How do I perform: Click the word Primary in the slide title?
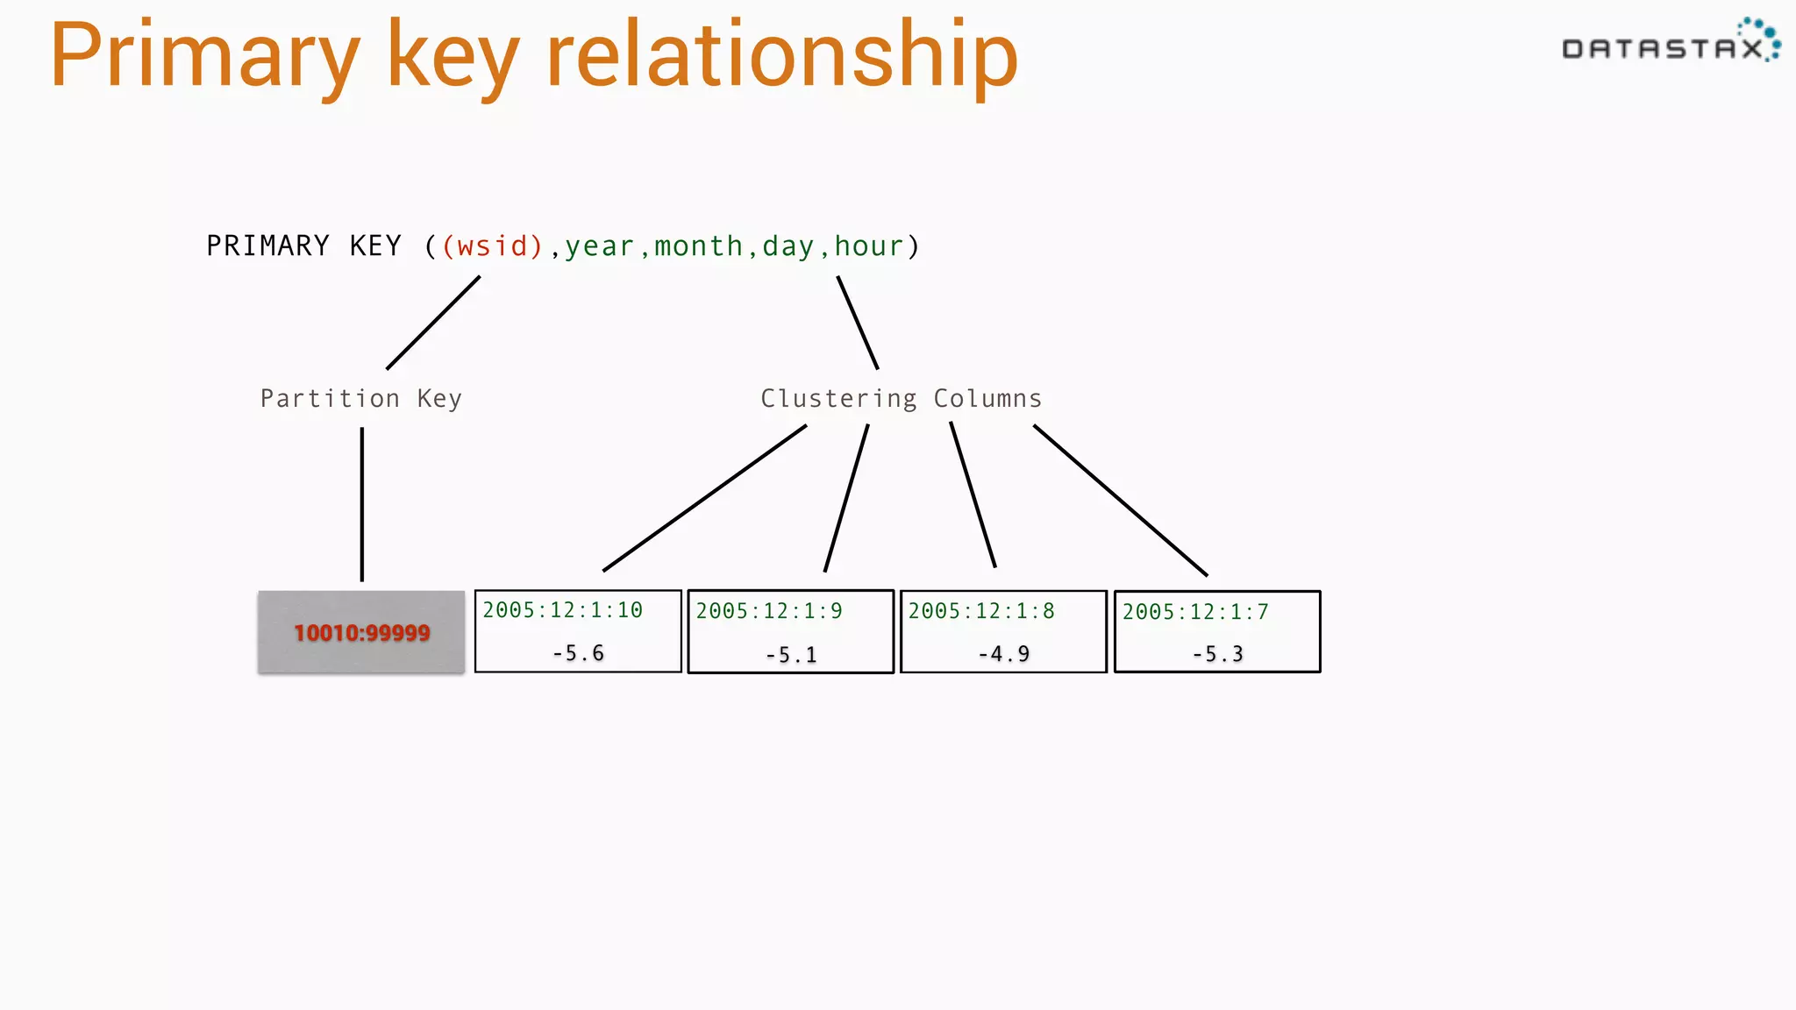pyautogui.click(x=204, y=57)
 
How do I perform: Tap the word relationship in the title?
pyautogui.click(x=781, y=57)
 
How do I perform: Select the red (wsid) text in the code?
pyautogui.click(x=492, y=246)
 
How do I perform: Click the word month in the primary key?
pyautogui.click(x=698, y=246)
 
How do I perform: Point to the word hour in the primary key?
pyautogui.click(x=868, y=246)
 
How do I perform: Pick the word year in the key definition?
pyautogui.click(x=599, y=246)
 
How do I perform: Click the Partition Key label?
pyautogui.click(x=360, y=399)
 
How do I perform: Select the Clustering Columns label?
pyautogui.click(x=901, y=399)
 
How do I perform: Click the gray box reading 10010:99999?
pyautogui.click(x=361, y=632)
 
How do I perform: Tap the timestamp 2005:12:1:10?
pyautogui.click(x=562, y=610)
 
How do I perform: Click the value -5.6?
pyautogui.click(x=578, y=653)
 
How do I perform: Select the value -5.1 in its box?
pyautogui.click(x=790, y=655)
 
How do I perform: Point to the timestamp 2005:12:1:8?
pyautogui.click(x=981, y=611)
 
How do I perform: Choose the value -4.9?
pyautogui.click(x=1003, y=654)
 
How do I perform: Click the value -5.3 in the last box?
pyautogui.click(x=1217, y=654)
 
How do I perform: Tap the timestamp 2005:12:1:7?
pyautogui.click(x=1195, y=612)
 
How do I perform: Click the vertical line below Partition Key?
pyautogui.click(x=361, y=504)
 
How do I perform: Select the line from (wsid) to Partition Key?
pyautogui.click(x=433, y=323)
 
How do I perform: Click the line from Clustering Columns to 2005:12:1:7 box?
pyautogui.click(x=1120, y=500)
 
